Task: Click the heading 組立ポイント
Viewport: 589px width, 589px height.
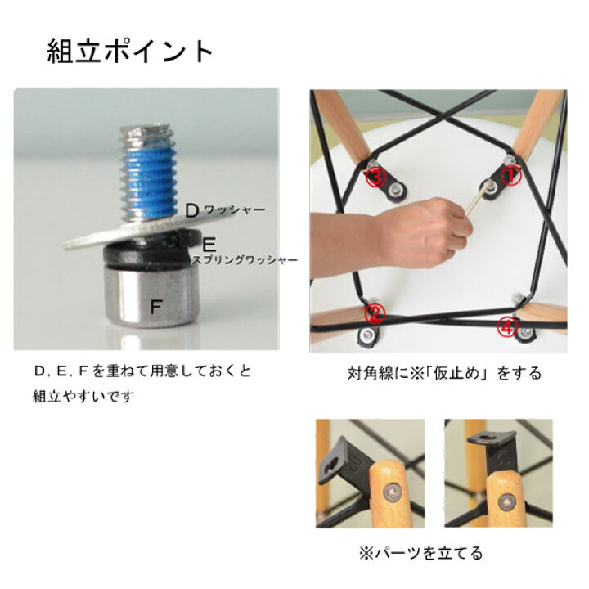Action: coord(130,51)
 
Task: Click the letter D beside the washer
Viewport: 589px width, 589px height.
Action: coord(192,212)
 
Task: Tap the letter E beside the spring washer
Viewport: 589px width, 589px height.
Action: coord(209,245)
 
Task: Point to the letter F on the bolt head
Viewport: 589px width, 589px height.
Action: coord(155,308)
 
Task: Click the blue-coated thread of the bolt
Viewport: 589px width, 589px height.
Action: coord(147,184)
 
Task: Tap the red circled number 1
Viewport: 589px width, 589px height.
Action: coord(510,176)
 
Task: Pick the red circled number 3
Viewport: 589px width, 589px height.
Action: coord(377,178)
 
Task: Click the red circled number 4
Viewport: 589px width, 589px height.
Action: coord(506,326)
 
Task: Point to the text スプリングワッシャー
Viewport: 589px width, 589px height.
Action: coord(245,260)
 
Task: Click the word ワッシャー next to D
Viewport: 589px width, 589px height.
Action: coord(235,210)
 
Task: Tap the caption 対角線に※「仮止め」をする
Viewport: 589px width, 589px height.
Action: coord(444,373)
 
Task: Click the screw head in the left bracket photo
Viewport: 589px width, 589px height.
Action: coord(392,492)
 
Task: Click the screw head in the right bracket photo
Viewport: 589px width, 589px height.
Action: coord(507,502)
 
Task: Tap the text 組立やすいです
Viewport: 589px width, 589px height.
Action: coord(83,396)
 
